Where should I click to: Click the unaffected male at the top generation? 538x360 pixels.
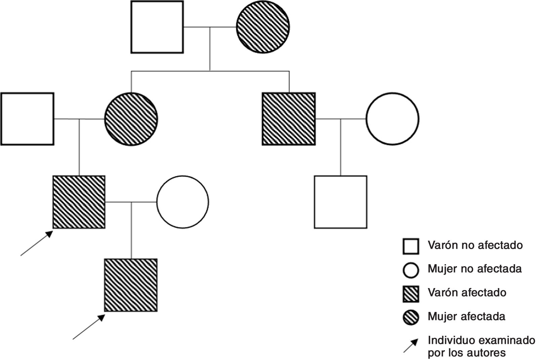157,27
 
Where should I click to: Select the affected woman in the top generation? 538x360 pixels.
263,27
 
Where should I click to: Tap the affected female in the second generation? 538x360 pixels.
131,119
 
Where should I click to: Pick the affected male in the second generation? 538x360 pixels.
289,119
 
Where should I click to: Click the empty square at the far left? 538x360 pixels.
27,119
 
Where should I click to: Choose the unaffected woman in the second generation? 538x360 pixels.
392,119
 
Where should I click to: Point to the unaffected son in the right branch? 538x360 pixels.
341,202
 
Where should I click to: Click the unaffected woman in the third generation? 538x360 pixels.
183,202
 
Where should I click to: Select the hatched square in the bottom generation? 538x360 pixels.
131,285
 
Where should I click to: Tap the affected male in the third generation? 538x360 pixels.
79,202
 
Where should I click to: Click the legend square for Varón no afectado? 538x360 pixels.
411,246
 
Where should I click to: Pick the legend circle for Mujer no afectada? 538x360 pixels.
411,270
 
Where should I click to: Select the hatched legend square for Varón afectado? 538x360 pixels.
411,294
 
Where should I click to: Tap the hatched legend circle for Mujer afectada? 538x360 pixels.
411,318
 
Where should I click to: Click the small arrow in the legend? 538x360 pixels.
411,346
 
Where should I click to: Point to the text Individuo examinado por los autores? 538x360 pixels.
481,346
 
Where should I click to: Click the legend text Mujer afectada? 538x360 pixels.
466,317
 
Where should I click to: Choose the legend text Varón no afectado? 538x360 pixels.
475,245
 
